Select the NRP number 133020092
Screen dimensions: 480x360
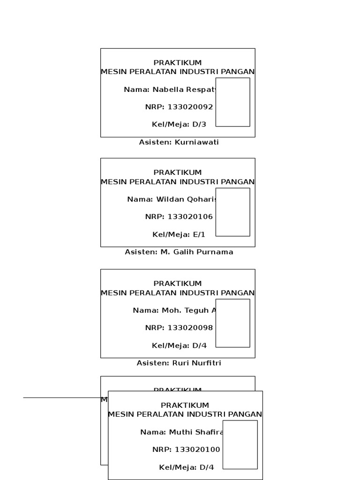click(190, 107)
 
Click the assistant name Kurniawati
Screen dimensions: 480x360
click(196, 142)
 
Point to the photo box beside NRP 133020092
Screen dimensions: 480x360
click(232, 102)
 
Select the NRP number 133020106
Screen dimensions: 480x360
click(190, 217)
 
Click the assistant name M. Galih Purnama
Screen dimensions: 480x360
click(197, 252)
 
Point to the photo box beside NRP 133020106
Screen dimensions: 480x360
click(232, 212)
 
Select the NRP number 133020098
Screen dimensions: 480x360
click(190, 328)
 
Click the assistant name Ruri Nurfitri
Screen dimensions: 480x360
click(194, 363)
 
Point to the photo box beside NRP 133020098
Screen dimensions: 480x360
click(232, 323)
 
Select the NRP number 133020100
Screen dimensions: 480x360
click(197, 450)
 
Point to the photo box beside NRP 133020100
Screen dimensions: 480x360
click(240, 444)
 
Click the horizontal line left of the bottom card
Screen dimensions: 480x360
click(61, 397)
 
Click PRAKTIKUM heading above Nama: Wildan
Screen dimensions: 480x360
click(178, 172)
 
